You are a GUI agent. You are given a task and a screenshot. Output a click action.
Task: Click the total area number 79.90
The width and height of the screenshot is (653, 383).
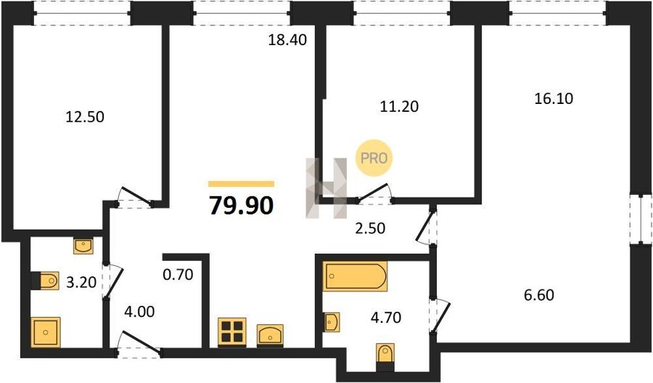coord(241,205)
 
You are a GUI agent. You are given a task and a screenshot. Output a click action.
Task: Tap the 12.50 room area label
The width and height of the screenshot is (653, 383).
coord(85,117)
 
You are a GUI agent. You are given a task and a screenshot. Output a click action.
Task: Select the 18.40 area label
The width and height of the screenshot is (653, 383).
coord(287,40)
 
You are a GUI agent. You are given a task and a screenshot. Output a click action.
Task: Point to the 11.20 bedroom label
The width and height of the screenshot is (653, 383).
coord(399,107)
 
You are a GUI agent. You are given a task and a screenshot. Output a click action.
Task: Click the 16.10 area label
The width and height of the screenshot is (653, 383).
coord(554,98)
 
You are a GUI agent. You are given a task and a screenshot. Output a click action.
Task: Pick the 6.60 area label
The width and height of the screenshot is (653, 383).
coord(539,295)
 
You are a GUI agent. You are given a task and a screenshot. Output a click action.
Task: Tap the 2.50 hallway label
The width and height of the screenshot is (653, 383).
coord(370,229)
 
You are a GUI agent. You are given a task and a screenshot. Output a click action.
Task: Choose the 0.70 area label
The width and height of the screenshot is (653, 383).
coord(178,275)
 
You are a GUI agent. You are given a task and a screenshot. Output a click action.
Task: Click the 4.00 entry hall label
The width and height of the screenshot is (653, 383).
coord(139,311)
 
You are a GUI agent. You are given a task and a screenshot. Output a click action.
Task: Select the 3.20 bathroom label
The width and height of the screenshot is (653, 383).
coord(81,283)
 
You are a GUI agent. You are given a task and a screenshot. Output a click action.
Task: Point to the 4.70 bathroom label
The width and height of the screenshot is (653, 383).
coord(386,318)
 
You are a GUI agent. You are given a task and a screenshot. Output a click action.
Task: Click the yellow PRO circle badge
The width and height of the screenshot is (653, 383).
coord(374,158)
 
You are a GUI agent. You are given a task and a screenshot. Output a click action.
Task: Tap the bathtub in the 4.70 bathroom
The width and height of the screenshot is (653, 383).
coord(356,275)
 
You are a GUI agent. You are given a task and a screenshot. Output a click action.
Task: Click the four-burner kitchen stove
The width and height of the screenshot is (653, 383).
coord(232,332)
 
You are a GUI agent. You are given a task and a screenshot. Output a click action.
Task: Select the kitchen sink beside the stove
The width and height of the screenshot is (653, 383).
coord(270,335)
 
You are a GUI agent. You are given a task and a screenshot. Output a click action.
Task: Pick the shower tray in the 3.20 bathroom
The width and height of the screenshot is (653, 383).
coord(46,332)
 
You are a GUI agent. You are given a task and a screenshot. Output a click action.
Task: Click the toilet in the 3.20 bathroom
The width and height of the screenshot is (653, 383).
coord(46,281)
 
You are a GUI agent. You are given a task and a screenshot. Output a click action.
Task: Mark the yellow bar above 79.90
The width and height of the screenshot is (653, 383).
coord(241,184)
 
